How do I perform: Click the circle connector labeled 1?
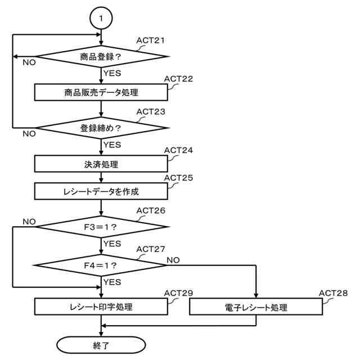pyautogui.click(x=101, y=19)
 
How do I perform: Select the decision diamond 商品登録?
pyautogui.click(x=101, y=56)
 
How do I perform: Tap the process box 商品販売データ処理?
pyautogui.click(x=101, y=92)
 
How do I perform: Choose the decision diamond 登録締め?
pyautogui.click(x=101, y=128)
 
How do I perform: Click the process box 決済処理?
pyautogui.click(x=101, y=164)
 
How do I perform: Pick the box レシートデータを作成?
pyautogui.click(x=101, y=191)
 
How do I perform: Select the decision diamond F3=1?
pyautogui.click(x=101, y=227)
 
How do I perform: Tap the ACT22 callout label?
pyautogui.click(x=178, y=78)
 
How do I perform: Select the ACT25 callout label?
pyautogui.click(x=178, y=177)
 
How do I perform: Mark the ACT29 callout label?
pyautogui.click(x=178, y=293)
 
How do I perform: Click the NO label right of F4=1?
pyautogui.click(x=174, y=260)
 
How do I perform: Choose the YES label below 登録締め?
pyautogui.click(x=112, y=145)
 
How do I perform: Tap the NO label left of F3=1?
pyautogui.click(x=29, y=222)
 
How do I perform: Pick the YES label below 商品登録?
pyautogui.click(x=112, y=73)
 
